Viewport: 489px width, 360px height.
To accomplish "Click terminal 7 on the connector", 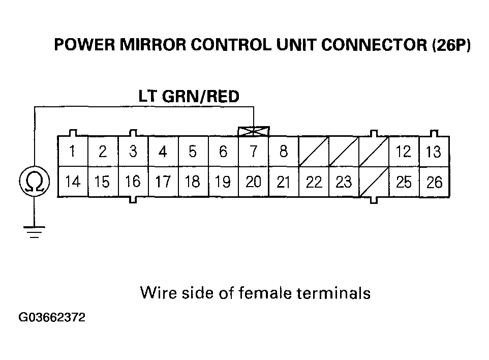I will tap(254, 152).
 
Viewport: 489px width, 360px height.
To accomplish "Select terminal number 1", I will tap(73, 151).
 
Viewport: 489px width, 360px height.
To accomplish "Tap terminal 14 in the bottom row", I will tap(73, 182).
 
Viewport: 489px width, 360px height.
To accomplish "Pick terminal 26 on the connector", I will tap(434, 182).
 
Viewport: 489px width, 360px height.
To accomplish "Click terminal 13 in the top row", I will tap(434, 152).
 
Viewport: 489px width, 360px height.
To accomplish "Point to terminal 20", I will tap(253, 182).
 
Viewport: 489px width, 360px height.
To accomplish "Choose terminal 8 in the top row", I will tap(284, 152).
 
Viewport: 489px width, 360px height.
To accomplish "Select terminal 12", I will tap(404, 152).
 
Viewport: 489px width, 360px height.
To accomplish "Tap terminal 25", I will tap(404, 182).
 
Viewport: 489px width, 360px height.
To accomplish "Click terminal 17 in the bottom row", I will tap(163, 182).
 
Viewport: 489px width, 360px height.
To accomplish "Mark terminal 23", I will tap(344, 182).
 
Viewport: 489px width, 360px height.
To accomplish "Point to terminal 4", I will tap(163, 152).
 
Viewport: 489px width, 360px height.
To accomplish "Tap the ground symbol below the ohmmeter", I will tap(34, 231).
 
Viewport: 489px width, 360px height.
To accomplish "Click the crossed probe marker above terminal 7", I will tap(254, 132).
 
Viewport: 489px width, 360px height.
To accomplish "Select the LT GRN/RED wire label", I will tap(189, 96).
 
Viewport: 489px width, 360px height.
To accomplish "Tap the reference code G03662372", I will tap(52, 318).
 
